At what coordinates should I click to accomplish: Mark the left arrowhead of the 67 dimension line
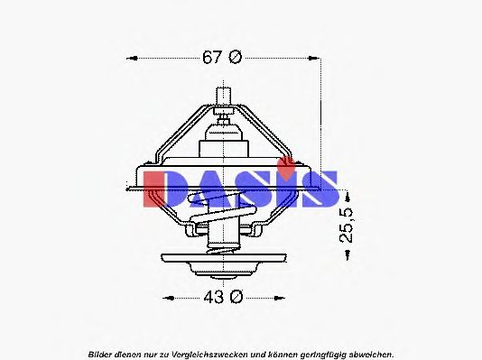click(129, 59)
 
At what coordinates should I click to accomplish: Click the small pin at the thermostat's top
click(223, 93)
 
